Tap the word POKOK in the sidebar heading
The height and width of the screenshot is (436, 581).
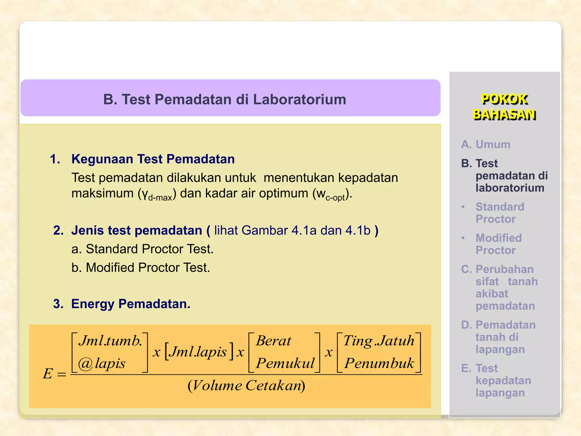pyautogui.click(x=504, y=99)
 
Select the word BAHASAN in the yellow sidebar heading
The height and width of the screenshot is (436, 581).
pyautogui.click(x=504, y=114)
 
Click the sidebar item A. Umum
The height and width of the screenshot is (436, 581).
pyautogui.click(x=485, y=144)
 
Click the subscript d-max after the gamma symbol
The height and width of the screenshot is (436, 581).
pyautogui.click(x=160, y=197)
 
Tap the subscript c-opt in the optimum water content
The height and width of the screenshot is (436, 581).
pyautogui.click(x=335, y=197)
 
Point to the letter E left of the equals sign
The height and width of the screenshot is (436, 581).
pyautogui.click(x=48, y=374)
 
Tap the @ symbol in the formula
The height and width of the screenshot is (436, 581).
pyautogui.click(x=85, y=364)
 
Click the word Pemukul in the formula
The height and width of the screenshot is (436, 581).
pyautogui.click(x=285, y=363)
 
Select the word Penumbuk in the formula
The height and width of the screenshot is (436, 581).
pyautogui.click(x=379, y=363)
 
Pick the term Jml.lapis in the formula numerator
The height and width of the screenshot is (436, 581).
pyautogui.click(x=199, y=352)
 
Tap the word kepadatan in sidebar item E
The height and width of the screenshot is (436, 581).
pyautogui.click(x=503, y=381)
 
